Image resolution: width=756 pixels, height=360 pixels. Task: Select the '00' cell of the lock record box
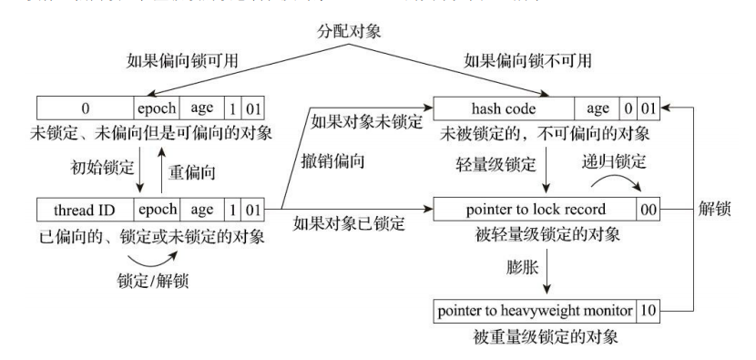tap(649, 210)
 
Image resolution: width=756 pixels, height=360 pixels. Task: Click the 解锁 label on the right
tap(719, 210)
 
